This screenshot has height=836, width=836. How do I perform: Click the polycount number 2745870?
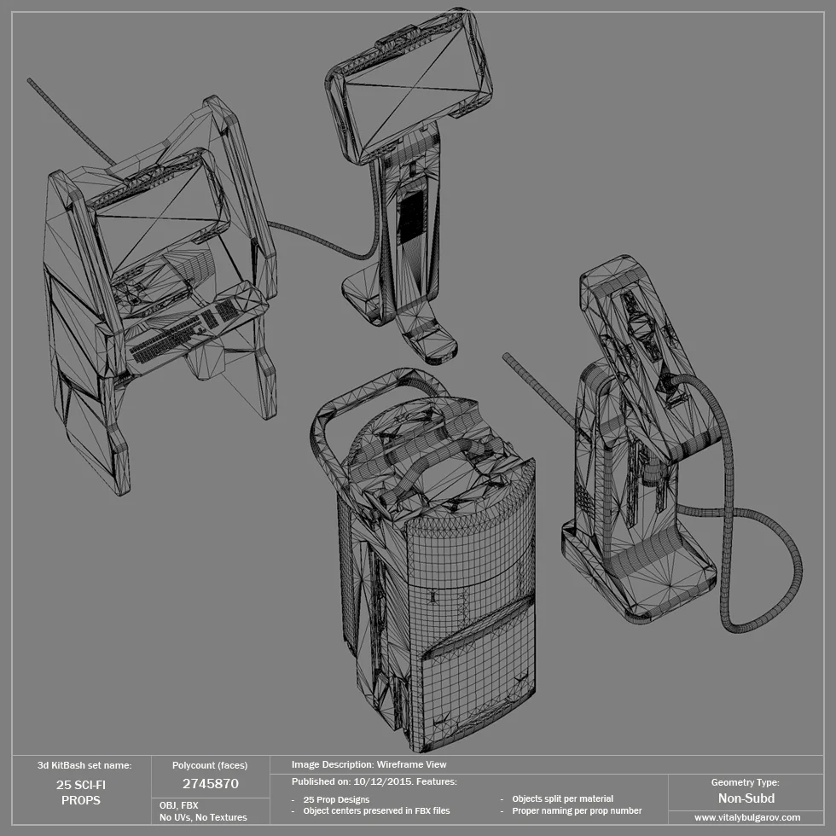coord(210,783)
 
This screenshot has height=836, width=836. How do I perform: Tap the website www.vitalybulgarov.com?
coord(747,817)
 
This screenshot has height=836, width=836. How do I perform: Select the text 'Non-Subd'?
coord(746,798)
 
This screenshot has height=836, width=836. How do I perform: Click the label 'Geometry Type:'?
coord(745,782)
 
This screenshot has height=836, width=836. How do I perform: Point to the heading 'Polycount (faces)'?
coord(210,765)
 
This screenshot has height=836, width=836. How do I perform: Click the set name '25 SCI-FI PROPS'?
coord(81,792)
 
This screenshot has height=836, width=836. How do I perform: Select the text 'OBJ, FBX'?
coord(178,804)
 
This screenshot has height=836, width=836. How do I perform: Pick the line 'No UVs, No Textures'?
coord(203,817)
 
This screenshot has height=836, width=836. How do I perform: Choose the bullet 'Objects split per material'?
coord(562,798)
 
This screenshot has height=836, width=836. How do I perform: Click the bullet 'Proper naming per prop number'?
coord(577,810)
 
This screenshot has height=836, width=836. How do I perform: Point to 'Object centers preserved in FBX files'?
coord(376,810)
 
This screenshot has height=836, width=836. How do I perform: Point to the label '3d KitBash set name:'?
coord(84,765)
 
